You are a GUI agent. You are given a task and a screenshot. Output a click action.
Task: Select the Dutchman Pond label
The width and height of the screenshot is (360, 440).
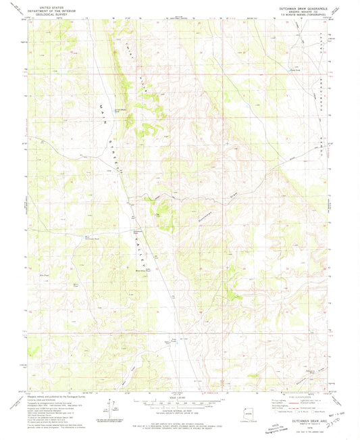pos(136,231)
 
